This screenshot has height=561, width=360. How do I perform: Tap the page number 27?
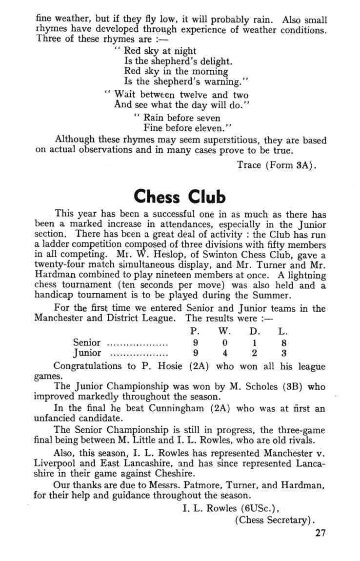[x=320, y=533]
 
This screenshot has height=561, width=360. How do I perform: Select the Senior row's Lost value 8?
[x=283, y=342]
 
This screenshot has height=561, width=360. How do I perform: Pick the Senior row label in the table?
[x=87, y=342]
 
